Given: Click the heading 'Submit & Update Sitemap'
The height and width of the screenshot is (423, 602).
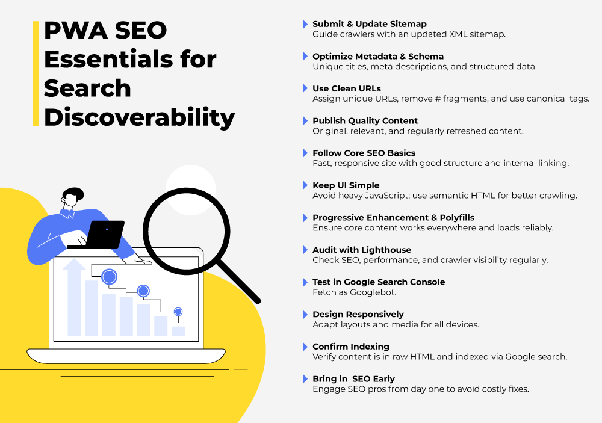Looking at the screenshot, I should pos(369,24).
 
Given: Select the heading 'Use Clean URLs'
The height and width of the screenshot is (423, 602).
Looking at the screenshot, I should pos(346,88).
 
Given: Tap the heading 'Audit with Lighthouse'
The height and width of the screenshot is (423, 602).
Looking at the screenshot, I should pos(362,250).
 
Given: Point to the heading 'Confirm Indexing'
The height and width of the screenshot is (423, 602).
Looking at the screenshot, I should pos(350,347).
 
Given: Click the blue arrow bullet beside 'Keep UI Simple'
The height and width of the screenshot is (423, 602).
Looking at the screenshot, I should pos(305,185).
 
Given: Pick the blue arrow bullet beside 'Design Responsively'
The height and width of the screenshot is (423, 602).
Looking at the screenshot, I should pos(305,314).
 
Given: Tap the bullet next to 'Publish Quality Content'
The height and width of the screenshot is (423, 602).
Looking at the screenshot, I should pos(305,121).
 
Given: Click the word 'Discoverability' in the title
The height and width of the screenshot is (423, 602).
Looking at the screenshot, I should pos(139,117).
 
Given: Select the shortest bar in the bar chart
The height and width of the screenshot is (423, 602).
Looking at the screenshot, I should pos(178,331).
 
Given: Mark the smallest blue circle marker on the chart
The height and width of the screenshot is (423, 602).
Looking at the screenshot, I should pos(178,312).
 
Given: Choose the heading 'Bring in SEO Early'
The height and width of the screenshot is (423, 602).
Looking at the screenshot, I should pos(353,379).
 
